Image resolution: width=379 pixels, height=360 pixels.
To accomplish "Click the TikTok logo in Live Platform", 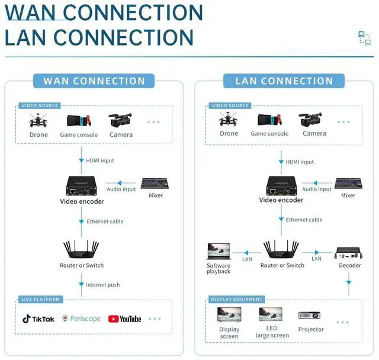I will [38, 319].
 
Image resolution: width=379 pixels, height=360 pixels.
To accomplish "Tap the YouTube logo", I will [124, 319].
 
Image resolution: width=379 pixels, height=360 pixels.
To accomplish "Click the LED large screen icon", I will [272, 314].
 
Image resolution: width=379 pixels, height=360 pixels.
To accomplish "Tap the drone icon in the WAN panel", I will [38, 121].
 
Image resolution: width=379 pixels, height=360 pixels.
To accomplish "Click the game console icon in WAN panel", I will [79, 121].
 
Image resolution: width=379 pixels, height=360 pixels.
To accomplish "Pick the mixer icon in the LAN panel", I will [348, 184].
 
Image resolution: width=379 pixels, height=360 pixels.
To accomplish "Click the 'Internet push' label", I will [102, 285].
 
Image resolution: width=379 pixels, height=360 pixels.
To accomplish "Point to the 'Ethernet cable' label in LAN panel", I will [304, 220].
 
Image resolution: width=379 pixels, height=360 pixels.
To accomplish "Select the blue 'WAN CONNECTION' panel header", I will [94, 81].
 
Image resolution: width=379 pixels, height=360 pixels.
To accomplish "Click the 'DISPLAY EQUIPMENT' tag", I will [237, 300].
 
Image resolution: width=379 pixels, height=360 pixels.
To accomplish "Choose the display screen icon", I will [229, 315].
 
